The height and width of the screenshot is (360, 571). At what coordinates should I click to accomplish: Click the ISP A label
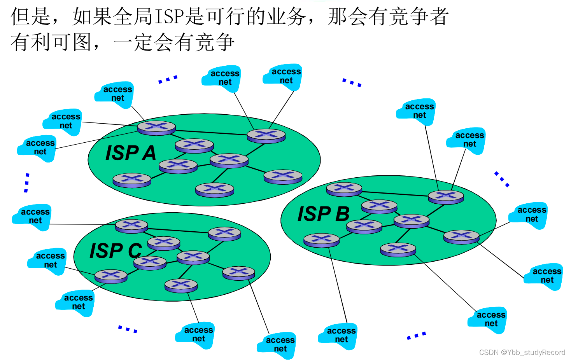[x=131, y=153]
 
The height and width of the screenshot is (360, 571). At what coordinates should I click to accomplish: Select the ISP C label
[x=116, y=250]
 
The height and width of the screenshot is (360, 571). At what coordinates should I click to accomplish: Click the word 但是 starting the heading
[x=31, y=17]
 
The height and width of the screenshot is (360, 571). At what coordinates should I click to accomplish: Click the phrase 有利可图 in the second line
[x=51, y=42]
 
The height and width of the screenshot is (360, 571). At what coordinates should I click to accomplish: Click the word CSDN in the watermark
[x=489, y=352]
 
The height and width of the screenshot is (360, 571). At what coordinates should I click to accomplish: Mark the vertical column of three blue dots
[x=26, y=183]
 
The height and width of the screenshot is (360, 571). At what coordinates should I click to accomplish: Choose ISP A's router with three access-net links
[x=156, y=128]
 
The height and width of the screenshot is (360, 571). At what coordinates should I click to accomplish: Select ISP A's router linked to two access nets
[x=266, y=136]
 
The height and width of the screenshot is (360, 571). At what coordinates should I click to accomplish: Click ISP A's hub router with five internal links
[x=229, y=160]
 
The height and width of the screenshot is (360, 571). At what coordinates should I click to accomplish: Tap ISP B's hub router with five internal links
[x=412, y=221]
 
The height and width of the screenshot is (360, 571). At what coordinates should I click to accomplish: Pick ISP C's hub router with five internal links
[x=193, y=257]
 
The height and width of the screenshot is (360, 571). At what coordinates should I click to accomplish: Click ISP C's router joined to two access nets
[x=111, y=276]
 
